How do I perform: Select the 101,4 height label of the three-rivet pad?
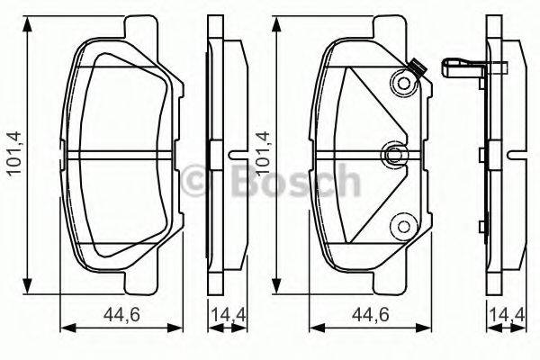click(262, 154)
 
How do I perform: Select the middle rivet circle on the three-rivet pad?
click(392, 155)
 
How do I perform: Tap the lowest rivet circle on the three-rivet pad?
click(402, 226)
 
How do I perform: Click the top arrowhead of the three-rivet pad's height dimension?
click(279, 21)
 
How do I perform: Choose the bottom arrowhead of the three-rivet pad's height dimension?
click(279, 287)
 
